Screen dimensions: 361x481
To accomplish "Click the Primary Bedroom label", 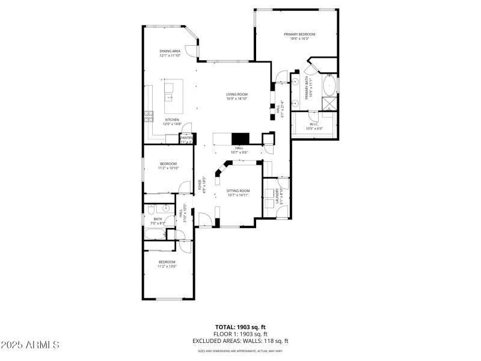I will click(x=299, y=34).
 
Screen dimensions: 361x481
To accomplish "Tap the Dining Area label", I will click(x=170, y=51).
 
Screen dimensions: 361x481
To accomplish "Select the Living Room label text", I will click(x=237, y=94).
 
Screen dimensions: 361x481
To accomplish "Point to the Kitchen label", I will click(x=172, y=120).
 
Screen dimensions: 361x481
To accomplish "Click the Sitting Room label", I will click(x=238, y=191).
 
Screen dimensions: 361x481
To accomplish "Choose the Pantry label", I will click(x=186, y=138).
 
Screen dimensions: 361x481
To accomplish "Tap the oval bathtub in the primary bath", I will click(x=330, y=85).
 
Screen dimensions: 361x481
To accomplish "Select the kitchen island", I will click(x=170, y=93).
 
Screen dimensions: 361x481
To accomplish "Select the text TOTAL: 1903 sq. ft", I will click(x=240, y=327).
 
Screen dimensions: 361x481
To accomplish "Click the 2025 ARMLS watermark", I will click(x=30, y=345).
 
